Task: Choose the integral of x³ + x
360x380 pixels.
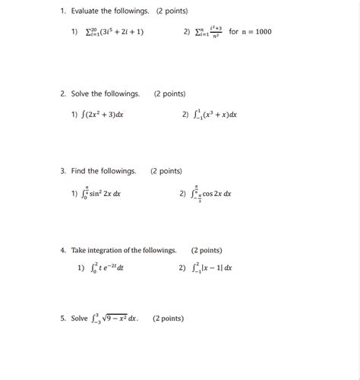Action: pyautogui.click(x=215, y=115)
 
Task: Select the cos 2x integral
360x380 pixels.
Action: pyautogui.click(x=213, y=194)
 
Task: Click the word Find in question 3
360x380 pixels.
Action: pyautogui.click(x=78, y=172)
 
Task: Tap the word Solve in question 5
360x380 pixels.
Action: pyautogui.click(x=80, y=319)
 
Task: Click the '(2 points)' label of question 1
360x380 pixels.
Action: pyautogui.click(x=172, y=11)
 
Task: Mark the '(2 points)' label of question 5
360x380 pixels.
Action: pyautogui.click(x=168, y=319)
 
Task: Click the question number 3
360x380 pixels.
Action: pyautogui.click(x=63, y=172)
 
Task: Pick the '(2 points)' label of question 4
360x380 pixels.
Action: pyautogui.click(x=207, y=250)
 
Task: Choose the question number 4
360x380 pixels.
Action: pyautogui.click(x=63, y=250)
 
